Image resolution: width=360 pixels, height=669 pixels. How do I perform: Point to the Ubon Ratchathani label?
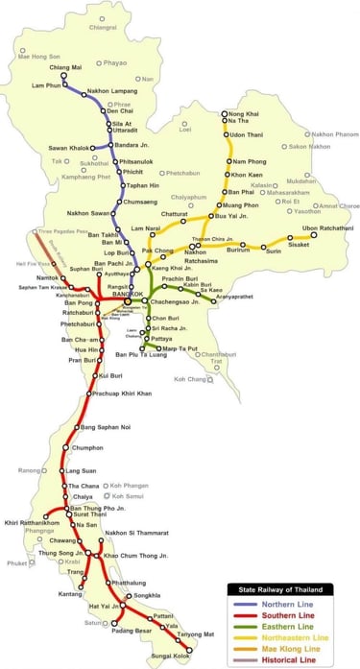[x=323, y=228]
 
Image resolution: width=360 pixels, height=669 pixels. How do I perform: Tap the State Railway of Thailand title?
[x=280, y=587]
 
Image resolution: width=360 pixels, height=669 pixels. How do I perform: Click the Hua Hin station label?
[x=60, y=350]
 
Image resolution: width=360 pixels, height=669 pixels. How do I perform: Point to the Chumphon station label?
[x=86, y=447]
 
